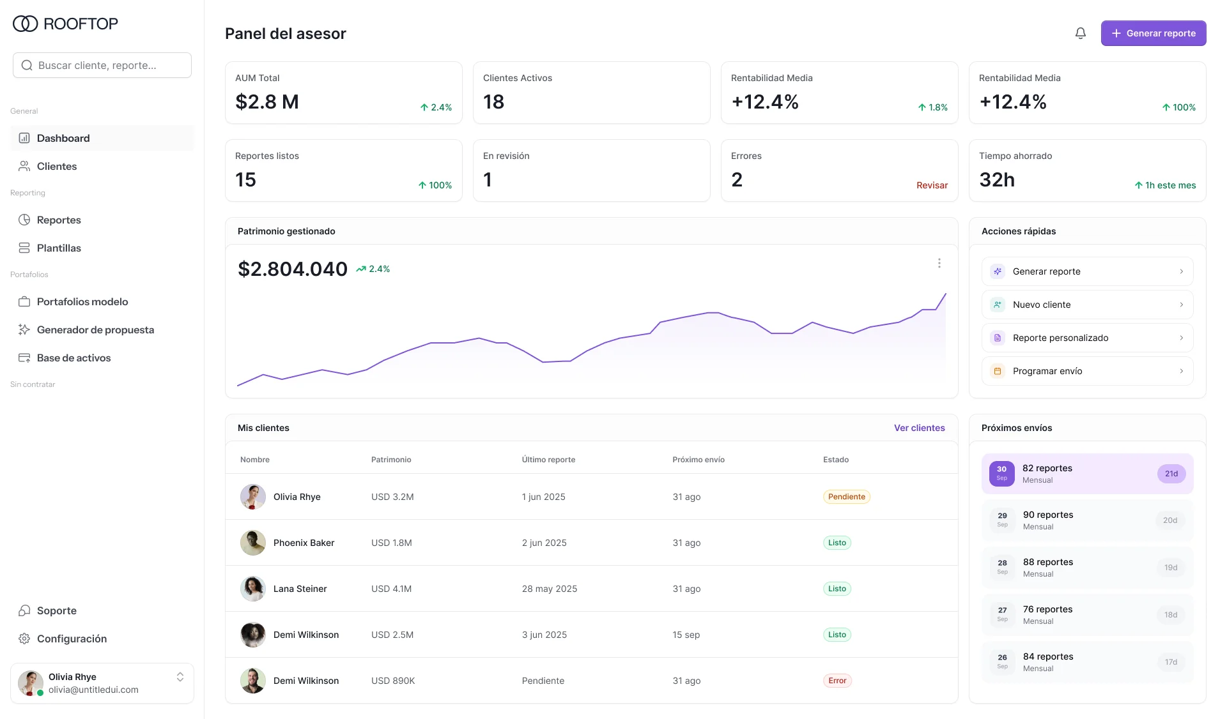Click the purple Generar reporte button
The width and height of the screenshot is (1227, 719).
[1153, 33]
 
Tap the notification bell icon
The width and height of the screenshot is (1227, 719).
[1080, 33]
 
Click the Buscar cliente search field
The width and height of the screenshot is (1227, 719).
[102, 65]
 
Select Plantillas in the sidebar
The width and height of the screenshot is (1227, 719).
[59, 248]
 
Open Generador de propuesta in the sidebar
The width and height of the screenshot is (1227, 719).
[95, 329]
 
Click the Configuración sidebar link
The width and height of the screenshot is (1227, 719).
[72, 639]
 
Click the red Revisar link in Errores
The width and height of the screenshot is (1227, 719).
[932, 185]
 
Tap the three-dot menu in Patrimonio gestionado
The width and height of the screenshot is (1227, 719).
[939, 263]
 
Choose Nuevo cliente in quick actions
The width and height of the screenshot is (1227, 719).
[1087, 305]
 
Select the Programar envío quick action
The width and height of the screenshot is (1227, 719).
[1087, 371]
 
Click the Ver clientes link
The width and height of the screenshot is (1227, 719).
[919, 428]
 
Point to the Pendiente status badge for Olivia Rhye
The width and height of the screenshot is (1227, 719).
[846, 497]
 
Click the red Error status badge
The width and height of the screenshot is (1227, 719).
[837, 681]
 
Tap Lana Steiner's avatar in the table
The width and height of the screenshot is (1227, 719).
[253, 589]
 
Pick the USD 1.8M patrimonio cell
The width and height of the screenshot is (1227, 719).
[392, 543]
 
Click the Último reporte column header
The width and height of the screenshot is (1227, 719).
[548, 460]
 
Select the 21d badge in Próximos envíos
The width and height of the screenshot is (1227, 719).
[1171, 474]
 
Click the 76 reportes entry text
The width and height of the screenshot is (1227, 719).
[1047, 609]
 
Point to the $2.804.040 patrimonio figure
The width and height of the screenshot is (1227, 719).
[293, 269]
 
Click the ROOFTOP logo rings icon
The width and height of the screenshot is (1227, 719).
[26, 24]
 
